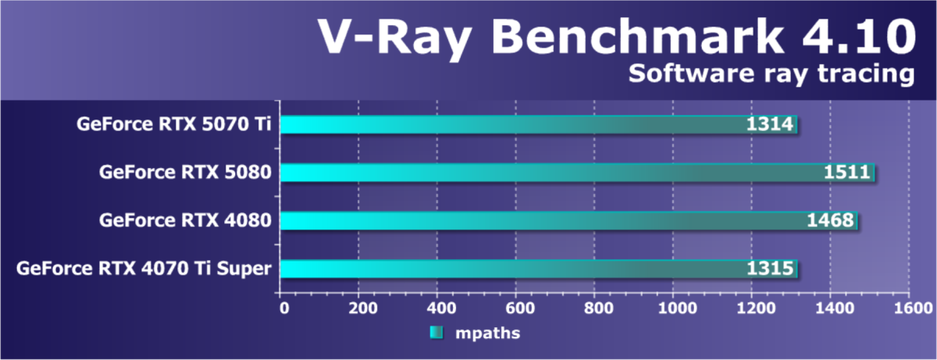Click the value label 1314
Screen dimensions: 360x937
tap(771, 124)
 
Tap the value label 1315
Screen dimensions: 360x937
tap(771, 269)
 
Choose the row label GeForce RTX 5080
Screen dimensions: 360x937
tap(185, 173)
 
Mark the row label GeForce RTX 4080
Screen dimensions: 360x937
tap(185, 221)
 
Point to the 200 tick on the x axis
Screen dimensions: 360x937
tap(358, 308)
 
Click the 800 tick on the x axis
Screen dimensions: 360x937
tap(594, 308)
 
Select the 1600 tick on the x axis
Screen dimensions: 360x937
tap(909, 308)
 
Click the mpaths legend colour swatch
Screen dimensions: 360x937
tap(436, 333)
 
